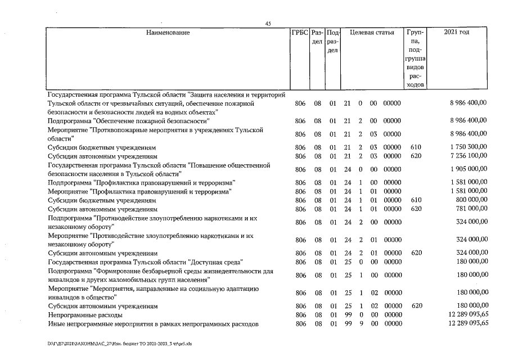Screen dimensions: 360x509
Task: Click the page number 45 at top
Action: (268, 24)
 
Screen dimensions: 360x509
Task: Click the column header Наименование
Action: (168, 33)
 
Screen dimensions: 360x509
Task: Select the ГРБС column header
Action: (299, 33)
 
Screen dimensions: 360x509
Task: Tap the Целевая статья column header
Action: (372, 33)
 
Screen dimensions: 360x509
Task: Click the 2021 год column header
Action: (456, 33)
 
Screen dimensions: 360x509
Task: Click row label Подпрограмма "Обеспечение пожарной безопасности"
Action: (129, 121)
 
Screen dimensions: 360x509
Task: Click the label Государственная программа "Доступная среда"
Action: (145, 262)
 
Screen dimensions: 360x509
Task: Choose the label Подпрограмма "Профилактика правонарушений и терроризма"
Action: (141, 183)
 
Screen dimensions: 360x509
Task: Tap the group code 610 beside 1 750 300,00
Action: (416, 147)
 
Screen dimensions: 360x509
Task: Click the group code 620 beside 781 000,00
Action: (416, 209)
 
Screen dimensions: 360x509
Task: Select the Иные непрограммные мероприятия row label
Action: (153, 323)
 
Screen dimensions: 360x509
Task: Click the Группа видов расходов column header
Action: (416, 58)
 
